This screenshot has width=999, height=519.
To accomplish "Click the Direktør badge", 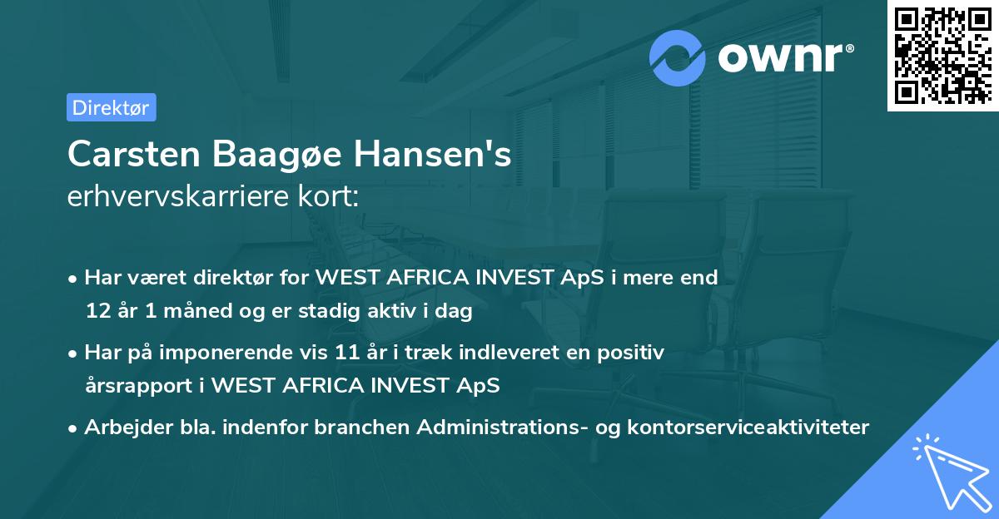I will pos(111,107).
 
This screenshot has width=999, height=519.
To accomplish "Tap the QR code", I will pos(942,56).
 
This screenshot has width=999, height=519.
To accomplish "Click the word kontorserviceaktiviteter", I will pos(743,428).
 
